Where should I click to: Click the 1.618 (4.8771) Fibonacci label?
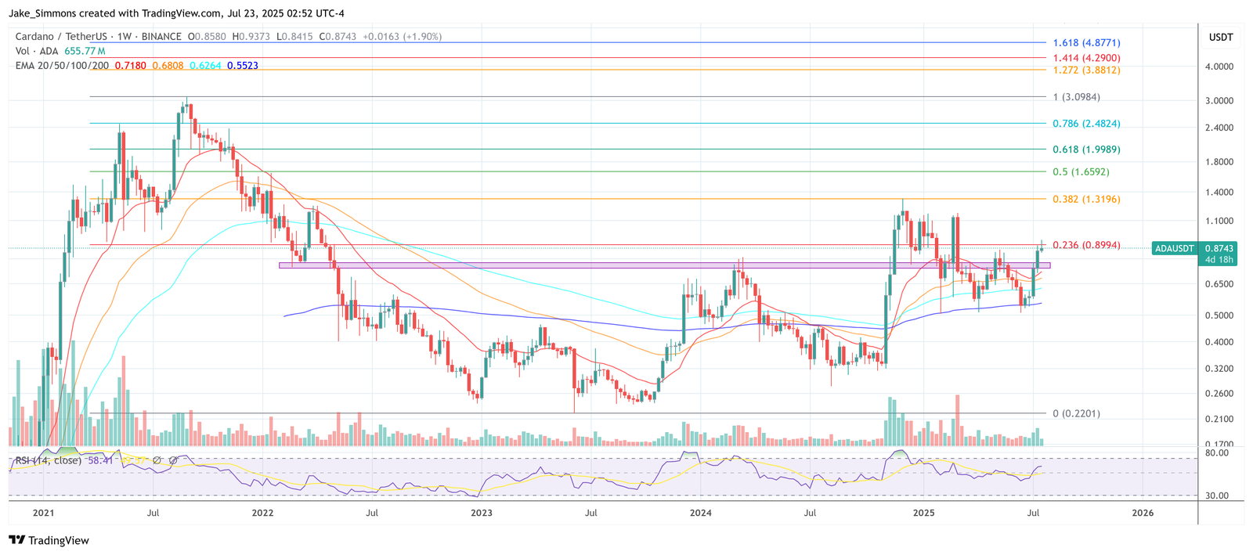[x=1086, y=42]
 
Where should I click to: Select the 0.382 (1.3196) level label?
[x=1086, y=199]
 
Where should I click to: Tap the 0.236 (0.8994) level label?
[x=1086, y=245]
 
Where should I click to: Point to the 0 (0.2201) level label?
[x=1076, y=413]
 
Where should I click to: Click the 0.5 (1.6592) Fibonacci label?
[x=1081, y=171]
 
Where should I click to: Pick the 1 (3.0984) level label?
[x=1076, y=97]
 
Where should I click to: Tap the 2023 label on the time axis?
[x=482, y=513]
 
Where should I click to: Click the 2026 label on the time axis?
[x=1143, y=513]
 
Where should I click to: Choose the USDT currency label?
[x=1221, y=37]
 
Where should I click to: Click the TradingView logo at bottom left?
[x=49, y=540]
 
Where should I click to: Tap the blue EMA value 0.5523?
[x=243, y=66]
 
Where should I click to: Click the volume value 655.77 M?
[x=85, y=51]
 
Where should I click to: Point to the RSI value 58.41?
[x=100, y=460]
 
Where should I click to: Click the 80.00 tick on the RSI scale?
[x=1217, y=453]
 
